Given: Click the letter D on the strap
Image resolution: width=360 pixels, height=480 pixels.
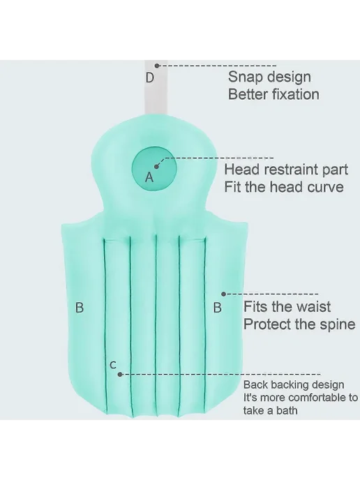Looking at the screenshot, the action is pos(150,77).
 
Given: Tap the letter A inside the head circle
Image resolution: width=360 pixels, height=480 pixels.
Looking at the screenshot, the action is pos(149,177).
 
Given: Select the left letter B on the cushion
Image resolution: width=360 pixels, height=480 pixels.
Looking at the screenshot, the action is pos(80,308).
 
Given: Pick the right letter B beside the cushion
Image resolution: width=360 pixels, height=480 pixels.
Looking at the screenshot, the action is pos(218,308).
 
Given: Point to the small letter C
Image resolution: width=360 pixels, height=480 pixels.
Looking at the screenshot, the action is pos(113,365).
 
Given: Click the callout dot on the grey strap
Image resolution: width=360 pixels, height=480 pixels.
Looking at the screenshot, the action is pos(157,66).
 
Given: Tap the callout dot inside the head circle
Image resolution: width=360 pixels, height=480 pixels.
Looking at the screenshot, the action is pos(156,167).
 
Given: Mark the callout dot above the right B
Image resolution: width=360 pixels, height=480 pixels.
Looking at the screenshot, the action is pos(223,294).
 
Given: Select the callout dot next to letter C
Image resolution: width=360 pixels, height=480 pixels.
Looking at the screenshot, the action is pos(120,375).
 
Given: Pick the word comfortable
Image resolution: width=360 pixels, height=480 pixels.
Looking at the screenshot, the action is pos(318,398).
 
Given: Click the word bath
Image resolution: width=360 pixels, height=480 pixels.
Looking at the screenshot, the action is pos(287,410).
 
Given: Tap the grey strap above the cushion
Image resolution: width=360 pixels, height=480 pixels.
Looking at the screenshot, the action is pos(156,89).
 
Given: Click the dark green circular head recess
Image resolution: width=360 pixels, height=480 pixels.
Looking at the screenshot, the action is pos(155,170).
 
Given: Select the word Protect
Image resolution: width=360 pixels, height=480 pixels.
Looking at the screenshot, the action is pos(264,324).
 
